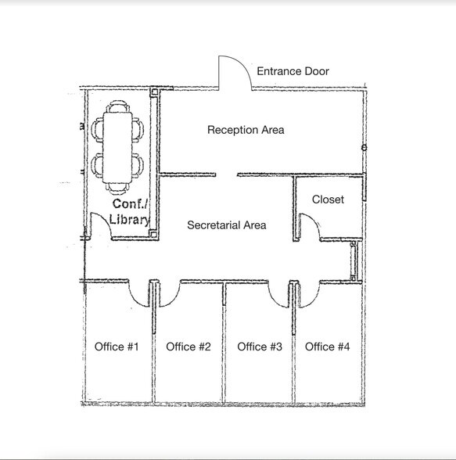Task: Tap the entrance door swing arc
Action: [235, 71]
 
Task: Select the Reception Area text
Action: [245, 130]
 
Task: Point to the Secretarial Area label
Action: [227, 225]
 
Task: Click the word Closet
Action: [328, 199]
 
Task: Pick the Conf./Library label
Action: [129, 211]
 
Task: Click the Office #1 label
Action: [117, 347]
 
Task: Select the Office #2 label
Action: [189, 347]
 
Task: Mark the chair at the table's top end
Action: [119, 106]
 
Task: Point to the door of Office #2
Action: [167, 293]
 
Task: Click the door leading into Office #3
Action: [280, 293]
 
